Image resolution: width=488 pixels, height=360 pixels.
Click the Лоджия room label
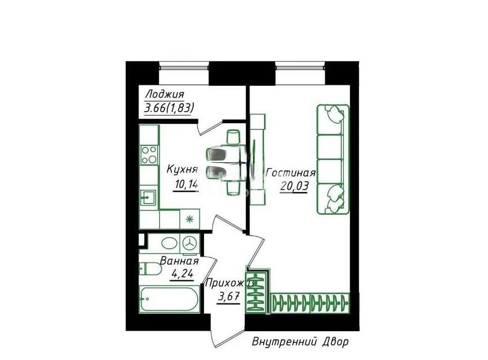coord(165,95)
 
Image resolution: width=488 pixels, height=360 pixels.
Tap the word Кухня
coord(182,168)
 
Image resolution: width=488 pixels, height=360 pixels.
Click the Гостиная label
coord(290,173)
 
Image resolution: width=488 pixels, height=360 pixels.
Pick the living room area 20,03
coord(293,188)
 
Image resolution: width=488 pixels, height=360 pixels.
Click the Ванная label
coord(179,262)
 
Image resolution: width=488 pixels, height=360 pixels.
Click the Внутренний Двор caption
coord(300,342)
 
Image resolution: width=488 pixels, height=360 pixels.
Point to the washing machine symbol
coord(189,244)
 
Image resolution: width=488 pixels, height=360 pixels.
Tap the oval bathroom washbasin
coord(169,244)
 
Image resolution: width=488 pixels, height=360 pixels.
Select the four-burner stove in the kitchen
coord(149,154)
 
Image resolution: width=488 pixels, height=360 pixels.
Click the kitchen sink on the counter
coord(149,198)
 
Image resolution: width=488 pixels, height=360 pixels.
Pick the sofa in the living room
coord(331,159)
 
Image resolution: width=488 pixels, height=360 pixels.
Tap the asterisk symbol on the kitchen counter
coord(189,219)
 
